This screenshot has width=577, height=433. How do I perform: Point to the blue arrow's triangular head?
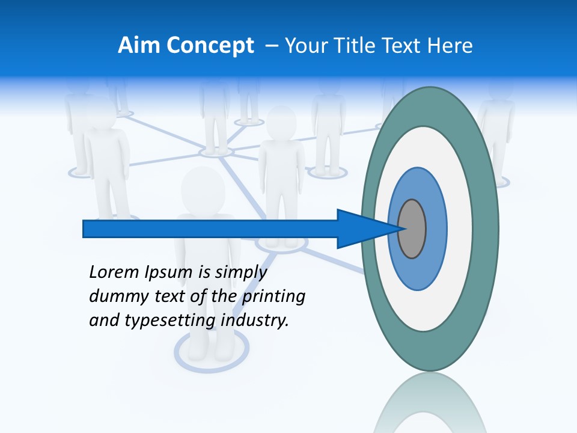coord(367,229)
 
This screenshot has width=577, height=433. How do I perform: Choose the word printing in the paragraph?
coord(274,297)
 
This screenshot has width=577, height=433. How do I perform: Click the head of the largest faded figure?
coord(203,189)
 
